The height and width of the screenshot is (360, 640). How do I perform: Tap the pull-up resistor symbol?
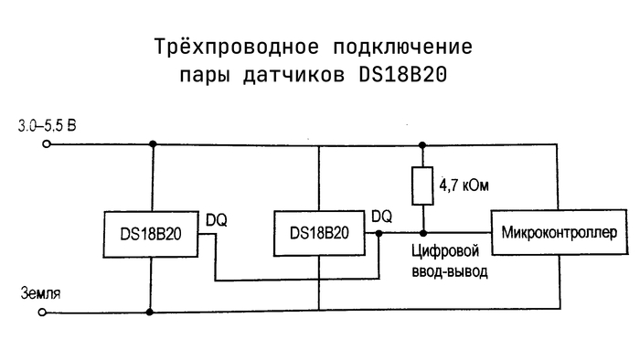click(x=422, y=185)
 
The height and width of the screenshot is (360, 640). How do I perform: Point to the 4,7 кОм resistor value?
click(x=464, y=185)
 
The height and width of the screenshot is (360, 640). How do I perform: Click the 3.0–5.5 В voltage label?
click(x=47, y=126)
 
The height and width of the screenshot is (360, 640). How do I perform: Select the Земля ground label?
click(x=40, y=293)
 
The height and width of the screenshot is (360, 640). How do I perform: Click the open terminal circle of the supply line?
click(x=47, y=144)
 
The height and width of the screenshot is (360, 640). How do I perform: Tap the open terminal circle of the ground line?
click(x=42, y=312)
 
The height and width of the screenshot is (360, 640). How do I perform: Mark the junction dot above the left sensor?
click(x=153, y=144)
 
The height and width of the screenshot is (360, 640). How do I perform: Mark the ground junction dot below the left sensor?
click(x=150, y=312)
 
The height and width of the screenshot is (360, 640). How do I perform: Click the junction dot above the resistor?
click(x=422, y=145)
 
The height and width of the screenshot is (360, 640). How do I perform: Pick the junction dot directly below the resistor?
click(x=423, y=233)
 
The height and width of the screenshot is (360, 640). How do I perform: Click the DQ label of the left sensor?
click(x=217, y=220)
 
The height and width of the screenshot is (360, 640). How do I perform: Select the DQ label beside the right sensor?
click(x=381, y=217)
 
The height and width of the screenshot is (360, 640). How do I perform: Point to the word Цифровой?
click(x=445, y=250)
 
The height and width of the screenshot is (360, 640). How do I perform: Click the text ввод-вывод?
click(x=450, y=271)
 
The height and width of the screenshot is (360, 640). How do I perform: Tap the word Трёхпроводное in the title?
click(x=236, y=47)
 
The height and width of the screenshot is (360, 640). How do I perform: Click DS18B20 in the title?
click(x=403, y=75)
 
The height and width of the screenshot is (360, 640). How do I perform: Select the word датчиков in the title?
click(x=293, y=76)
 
